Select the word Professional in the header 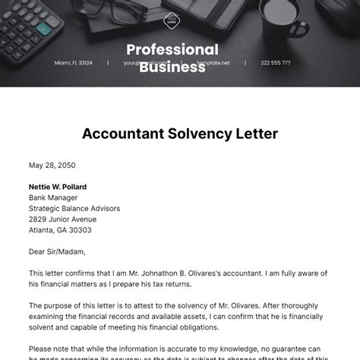(172, 50)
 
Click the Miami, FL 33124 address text (73, 63)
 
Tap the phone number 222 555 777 (275, 63)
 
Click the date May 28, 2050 (52, 165)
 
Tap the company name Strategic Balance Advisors (74, 208)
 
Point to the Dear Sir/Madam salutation (57, 251)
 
